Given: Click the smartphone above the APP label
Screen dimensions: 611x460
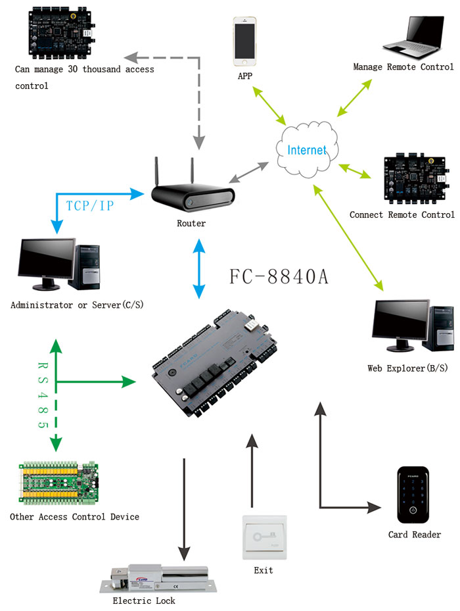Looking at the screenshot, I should click(244, 41).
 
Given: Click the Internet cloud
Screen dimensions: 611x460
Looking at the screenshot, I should click(307, 150).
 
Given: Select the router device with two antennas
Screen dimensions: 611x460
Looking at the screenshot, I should click(193, 191).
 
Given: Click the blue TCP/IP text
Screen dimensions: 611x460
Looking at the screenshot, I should click(90, 206).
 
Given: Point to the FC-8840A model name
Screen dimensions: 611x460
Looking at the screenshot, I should click(279, 276).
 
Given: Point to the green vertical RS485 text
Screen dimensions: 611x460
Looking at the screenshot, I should click(43, 395).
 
